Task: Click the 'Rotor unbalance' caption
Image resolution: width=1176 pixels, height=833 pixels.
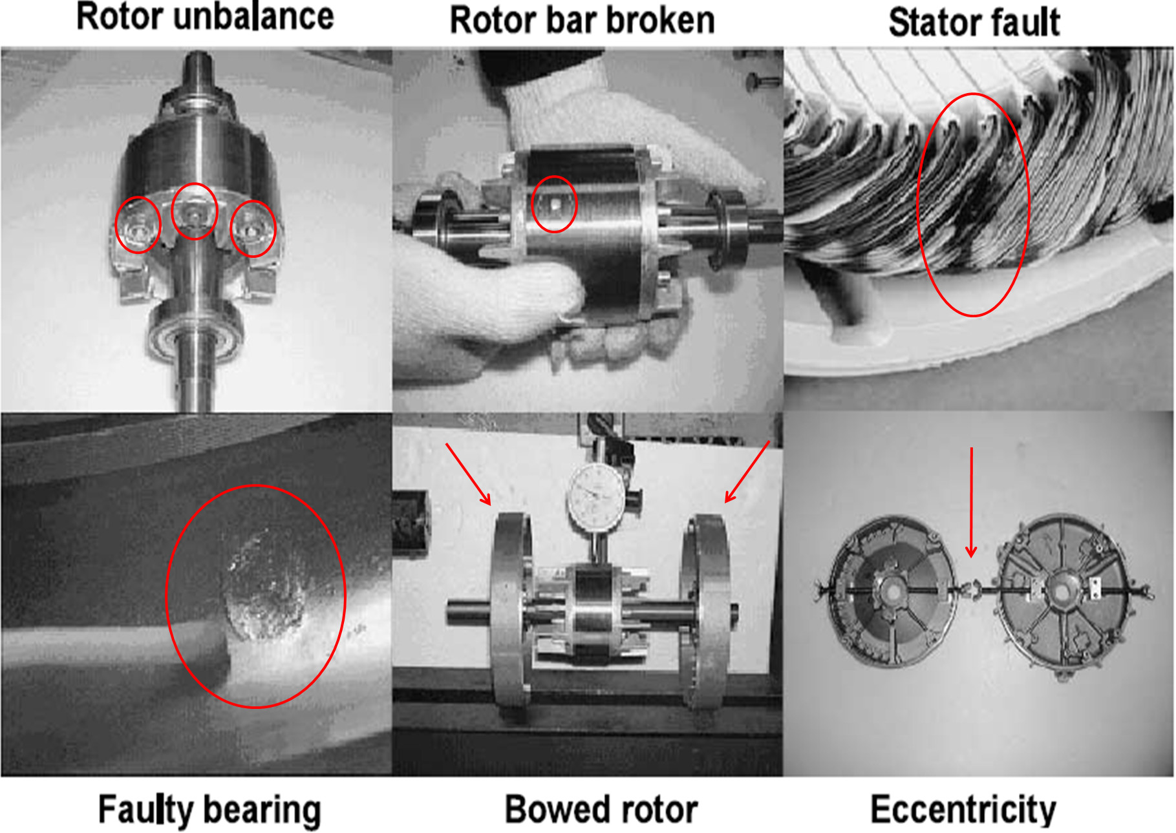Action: pyautogui.click(x=205, y=17)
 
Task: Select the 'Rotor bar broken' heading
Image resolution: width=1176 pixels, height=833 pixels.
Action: pyautogui.click(x=582, y=20)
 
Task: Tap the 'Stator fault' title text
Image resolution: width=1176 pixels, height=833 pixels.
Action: pyautogui.click(x=974, y=23)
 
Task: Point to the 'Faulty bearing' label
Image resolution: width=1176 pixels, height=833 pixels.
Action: pyautogui.click(x=209, y=810)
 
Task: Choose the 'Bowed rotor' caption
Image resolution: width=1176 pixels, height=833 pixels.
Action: pyautogui.click(x=601, y=809)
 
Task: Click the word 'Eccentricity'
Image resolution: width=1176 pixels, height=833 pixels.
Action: pyautogui.click(x=963, y=810)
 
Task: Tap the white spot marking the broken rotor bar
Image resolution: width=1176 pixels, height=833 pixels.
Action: pyautogui.click(x=555, y=205)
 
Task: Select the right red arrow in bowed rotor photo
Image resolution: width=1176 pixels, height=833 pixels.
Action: pyautogui.click(x=747, y=472)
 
